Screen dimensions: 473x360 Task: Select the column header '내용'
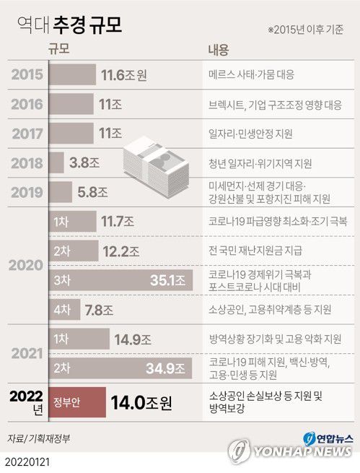(219, 50)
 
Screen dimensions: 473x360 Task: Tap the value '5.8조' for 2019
(93, 193)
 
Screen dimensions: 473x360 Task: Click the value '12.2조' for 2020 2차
(123, 251)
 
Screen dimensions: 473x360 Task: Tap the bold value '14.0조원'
(141, 402)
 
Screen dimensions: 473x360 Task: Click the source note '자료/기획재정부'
(35, 438)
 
